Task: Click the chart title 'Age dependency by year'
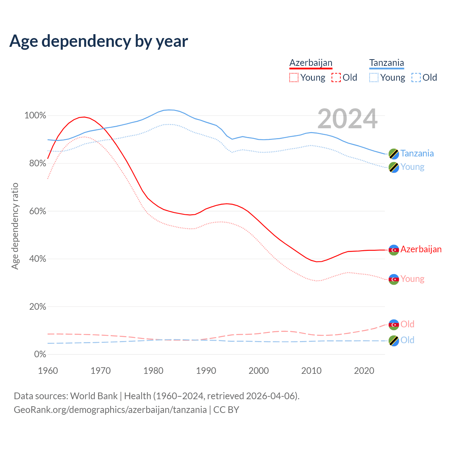pyautogui.click(x=99, y=41)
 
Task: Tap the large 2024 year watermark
pyautogui.click(x=347, y=119)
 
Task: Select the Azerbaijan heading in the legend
pyautogui.click(x=311, y=63)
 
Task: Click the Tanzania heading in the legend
pyautogui.click(x=387, y=63)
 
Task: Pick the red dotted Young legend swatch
pyautogui.click(x=294, y=78)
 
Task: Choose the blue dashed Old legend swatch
pyautogui.click(x=416, y=78)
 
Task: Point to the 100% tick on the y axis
pyautogui.click(x=35, y=116)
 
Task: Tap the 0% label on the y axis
pyautogui.click(x=40, y=354)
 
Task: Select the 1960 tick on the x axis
pyautogui.click(x=48, y=371)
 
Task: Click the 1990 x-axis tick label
pyautogui.click(x=206, y=371)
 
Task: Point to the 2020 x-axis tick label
pyautogui.click(x=364, y=371)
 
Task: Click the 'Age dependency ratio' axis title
pyautogui.click(x=15, y=226)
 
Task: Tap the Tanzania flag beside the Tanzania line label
pyautogui.click(x=394, y=154)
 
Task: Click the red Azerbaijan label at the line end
pyautogui.click(x=421, y=249)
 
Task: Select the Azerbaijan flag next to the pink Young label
pyautogui.click(x=394, y=279)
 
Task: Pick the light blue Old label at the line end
pyautogui.click(x=407, y=340)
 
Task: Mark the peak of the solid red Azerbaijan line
pyautogui.click(x=84, y=117)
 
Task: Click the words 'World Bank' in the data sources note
pyautogui.click(x=94, y=396)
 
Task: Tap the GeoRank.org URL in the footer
pyautogui.click(x=110, y=410)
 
